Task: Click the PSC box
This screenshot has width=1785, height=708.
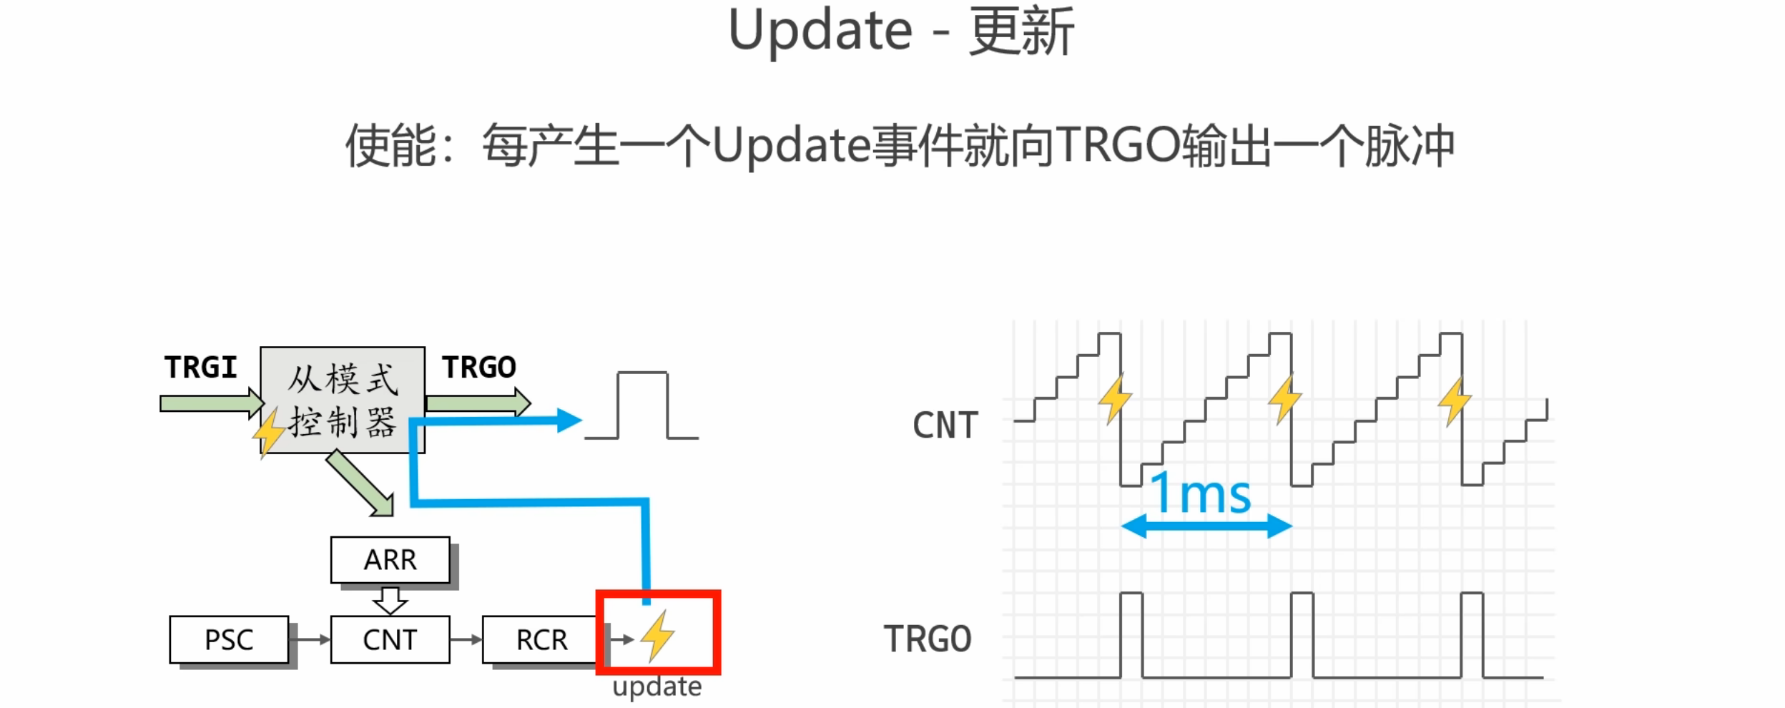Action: (229, 639)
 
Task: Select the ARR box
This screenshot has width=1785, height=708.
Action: (390, 559)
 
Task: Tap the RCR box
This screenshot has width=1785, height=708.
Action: (541, 639)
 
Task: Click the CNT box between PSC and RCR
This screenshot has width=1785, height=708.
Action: (390, 639)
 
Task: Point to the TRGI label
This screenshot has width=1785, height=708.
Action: (201, 368)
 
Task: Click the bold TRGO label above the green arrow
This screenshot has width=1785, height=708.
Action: (478, 368)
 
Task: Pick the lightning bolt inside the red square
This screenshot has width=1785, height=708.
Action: (657, 635)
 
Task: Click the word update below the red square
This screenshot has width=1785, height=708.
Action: (657, 687)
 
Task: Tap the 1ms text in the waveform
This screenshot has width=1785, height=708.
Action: (1200, 493)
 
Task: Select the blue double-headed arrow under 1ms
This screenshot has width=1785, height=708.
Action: (1206, 526)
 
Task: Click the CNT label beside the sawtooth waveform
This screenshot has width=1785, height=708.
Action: (945, 426)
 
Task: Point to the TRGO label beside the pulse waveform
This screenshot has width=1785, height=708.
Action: (928, 639)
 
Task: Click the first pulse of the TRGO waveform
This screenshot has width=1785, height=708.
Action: (1131, 634)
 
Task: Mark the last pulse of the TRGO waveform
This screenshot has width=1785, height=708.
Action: (1472, 634)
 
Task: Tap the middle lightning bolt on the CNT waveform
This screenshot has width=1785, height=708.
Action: (1284, 399)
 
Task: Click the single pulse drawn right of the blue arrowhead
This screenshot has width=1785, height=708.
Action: (642, 404)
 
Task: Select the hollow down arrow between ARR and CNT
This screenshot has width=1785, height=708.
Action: (390, 600)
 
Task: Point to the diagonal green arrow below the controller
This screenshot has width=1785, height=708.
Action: (361, 484)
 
